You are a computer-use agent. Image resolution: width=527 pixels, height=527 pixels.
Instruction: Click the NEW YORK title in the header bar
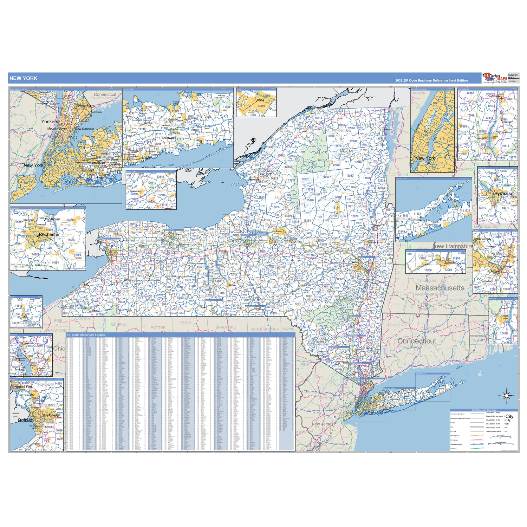click(x=23, y=78)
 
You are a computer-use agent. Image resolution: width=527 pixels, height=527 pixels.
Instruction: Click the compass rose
click(x=507, y=396)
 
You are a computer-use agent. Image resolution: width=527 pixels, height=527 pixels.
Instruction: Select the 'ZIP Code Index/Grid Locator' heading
click(x=86, y=335)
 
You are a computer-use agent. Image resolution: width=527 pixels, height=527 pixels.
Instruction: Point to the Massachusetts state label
click(x=440, y=288)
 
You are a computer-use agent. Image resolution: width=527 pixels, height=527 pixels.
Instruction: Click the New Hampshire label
click(x=453, y=246)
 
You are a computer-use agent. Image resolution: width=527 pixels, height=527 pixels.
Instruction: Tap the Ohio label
click(x=59, y=349)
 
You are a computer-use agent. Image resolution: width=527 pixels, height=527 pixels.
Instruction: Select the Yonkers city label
click(x=50, y=122)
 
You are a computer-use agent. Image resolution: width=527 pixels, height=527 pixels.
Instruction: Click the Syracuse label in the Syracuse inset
click(x=504, y=194)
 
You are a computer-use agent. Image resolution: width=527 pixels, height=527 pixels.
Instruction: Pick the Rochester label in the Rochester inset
click(x=49, y=234)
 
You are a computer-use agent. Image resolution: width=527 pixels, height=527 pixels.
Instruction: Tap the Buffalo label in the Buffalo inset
click(x=25, y=420)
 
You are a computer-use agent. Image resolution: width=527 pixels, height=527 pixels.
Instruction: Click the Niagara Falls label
click(x=24, y=387)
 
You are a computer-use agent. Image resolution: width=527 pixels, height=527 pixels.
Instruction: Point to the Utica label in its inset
click(x=260, y=100)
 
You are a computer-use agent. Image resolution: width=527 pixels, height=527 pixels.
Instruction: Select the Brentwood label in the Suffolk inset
click(x=169, y=138)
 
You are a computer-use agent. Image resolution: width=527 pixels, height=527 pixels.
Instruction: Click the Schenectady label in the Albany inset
click(x=482, y=239)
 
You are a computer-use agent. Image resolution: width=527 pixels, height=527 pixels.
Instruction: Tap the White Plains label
click(x=86, y=106)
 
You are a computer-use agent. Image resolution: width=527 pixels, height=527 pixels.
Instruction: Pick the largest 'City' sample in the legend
click(x=509, y=416)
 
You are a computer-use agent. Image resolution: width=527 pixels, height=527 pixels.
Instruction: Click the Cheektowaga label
click(x=51, y=415)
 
